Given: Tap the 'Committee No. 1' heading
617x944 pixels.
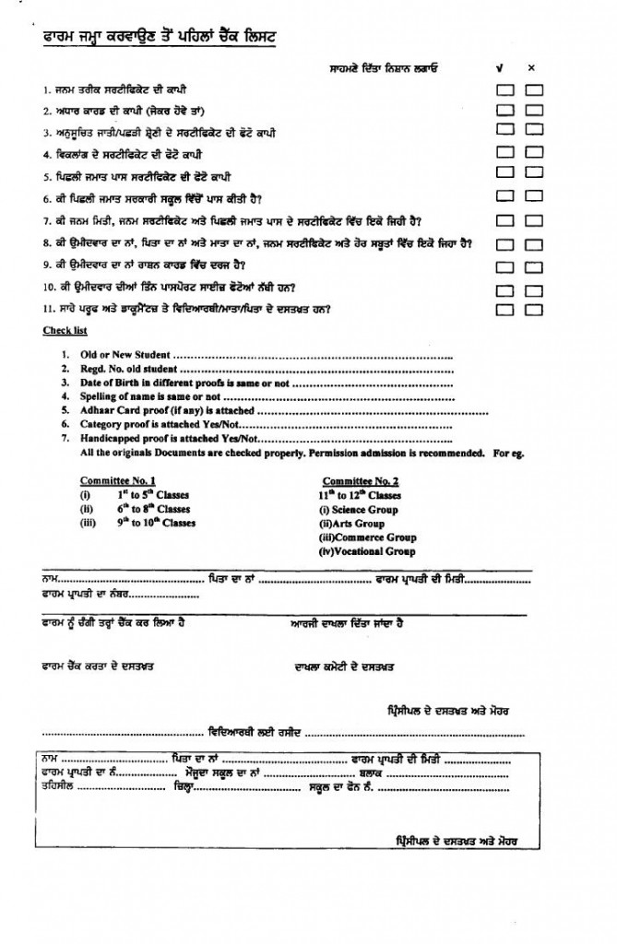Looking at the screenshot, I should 117,481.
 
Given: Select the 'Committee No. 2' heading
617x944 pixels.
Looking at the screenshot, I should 361,481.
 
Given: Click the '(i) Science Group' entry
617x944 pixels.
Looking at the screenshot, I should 359,510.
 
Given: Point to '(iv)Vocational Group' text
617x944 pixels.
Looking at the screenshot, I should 367,551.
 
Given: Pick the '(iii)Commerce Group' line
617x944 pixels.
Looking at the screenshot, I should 367,537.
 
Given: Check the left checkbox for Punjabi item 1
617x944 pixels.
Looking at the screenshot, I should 505,90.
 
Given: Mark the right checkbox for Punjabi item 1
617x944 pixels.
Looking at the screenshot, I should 534,90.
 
